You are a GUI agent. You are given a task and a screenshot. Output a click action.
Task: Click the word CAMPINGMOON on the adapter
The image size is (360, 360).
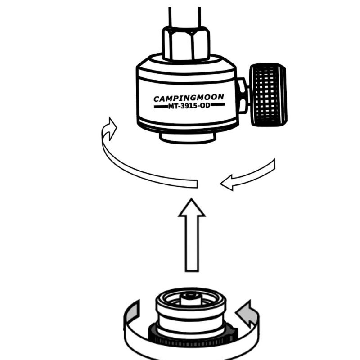189,98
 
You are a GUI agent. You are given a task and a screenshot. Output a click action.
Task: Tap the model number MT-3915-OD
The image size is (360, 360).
189,106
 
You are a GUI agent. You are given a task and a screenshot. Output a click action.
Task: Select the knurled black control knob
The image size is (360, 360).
268,95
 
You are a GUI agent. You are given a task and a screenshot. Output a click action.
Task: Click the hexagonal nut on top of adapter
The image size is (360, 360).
186,43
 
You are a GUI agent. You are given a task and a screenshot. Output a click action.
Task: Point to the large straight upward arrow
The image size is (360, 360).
192,235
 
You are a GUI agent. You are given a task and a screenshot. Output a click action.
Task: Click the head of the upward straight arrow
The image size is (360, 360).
192,208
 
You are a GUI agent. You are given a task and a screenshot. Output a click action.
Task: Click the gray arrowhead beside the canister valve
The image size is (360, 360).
247,313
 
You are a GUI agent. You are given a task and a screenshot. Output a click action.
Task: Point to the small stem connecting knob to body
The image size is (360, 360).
243,96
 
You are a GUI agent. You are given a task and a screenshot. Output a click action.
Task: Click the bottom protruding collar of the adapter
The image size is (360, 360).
188,138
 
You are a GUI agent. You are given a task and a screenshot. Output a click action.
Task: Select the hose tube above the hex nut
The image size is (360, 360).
184,17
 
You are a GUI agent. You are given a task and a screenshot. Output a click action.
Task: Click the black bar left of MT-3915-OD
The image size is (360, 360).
161,107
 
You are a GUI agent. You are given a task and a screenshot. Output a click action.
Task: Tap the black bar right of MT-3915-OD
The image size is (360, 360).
217,105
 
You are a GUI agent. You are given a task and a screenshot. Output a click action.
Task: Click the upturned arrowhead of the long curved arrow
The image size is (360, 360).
110,129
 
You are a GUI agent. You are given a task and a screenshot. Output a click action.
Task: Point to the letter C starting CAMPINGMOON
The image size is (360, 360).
157,99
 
